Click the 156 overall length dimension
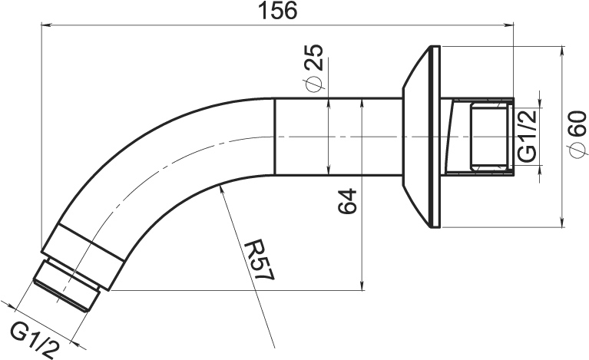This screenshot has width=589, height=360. coord(278,11)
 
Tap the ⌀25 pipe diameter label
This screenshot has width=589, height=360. coord(314,68)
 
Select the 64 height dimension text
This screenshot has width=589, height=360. coord(347,201)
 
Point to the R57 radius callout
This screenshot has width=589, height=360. coord(260,261)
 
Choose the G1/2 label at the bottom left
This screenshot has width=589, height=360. coord(35,341)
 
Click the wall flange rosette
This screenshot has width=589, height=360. coord(421,137)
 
